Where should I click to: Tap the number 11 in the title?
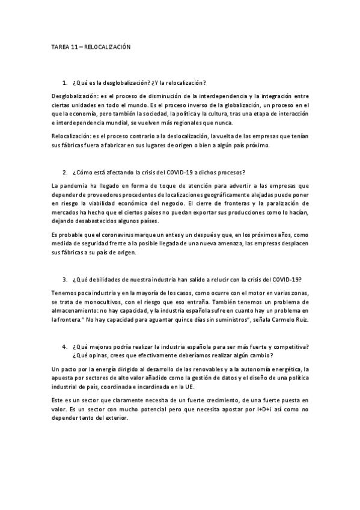tap(75, 46)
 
